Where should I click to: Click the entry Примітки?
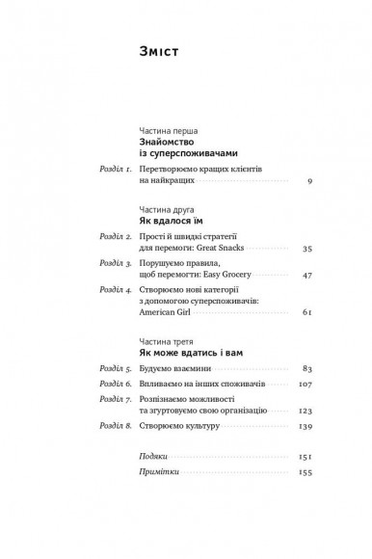[158, 474]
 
